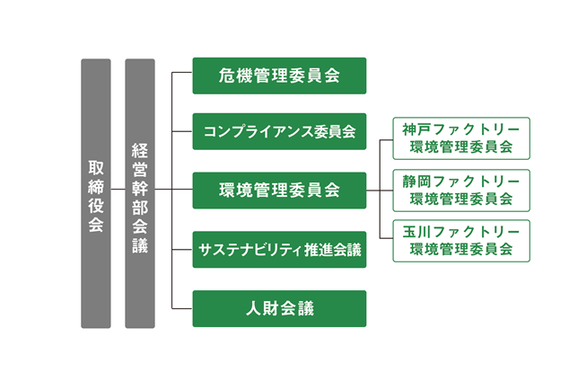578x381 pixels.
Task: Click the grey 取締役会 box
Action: pyautogui.click(x=96, y=193)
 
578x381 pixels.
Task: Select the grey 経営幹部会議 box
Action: pyautogui.click(x=140, y=193)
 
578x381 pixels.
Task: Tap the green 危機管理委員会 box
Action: pyautogui.click(x=279, y=75)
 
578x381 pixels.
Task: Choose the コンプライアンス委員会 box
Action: pyautogui.click(x=279, y=131)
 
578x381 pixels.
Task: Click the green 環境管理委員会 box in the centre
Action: pyautogui.click(x=279, y=190)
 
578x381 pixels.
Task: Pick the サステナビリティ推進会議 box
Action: pyautogui.click(x=279, y=250)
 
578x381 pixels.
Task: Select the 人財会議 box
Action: pyautogui.click(x=279, y=308)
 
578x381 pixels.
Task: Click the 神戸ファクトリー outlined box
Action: pyautogui.click(x=461, y=138)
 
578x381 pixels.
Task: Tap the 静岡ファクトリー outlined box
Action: pyautogui.click(x=461, y=190)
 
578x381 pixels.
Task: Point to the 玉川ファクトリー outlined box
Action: pyautogui.click(x=461, y=241)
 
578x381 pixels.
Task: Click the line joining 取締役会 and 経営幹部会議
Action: pyautogui.click(x=118, y=190)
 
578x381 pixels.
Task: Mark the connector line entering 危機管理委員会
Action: pyautogui.click(x=182, y=73)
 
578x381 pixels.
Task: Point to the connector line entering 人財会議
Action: pyautogui.click(x=182, y=308)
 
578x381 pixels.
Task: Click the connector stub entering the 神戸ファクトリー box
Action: pyautogui.click(x=386, y=140)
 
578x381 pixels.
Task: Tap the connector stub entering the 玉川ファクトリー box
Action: pyautogui.click(x=386, y=238)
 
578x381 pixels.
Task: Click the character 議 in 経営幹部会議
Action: pyautogui.click(x=140, y=245)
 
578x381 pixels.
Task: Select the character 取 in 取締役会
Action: pyautogui.click(x=96, y=168)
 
